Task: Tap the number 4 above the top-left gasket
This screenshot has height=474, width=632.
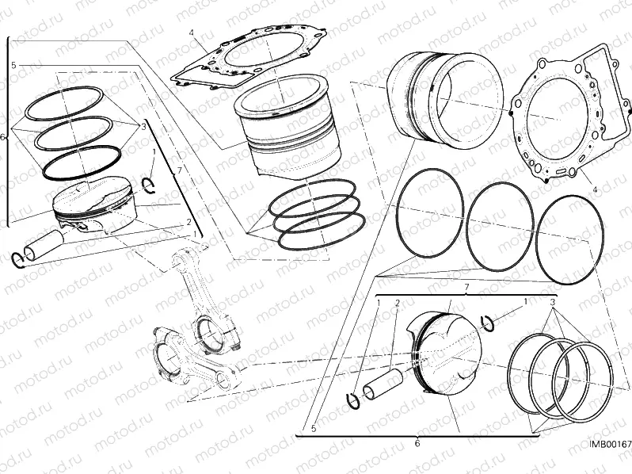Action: pyautogui.click(x=192, y=32)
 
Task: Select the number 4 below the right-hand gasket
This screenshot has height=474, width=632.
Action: pyautogui.click(x=592, y=189)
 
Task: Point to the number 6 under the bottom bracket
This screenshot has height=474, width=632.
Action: pyautogui.click(x=417, y=443)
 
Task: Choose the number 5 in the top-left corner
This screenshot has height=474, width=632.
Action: pyautogui.click(x=14, y=64)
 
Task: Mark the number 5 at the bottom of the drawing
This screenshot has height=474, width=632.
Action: pyautogui.click(x=314, y=430)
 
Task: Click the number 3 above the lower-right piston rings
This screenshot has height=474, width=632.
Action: pyautogui.click(x=553, y=303)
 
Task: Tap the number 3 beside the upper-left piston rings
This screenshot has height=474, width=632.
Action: pyautogui.click(x=143, y=126)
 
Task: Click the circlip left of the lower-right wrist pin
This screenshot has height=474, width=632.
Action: pyautogui.click(x=356, y=401)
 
